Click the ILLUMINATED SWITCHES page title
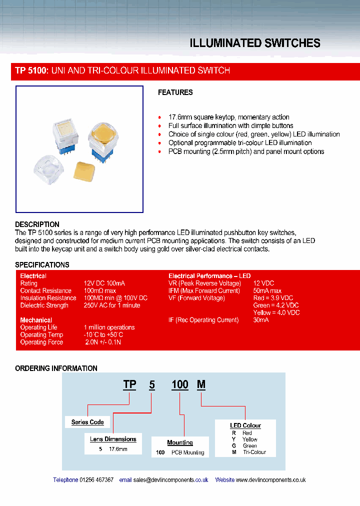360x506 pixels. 255,43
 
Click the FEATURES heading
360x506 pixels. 175,92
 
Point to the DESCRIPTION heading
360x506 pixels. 37,224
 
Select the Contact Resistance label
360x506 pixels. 45,290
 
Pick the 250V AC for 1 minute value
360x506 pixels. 111,305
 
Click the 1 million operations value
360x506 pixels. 109,327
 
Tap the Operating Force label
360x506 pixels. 41,342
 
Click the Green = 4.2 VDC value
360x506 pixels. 276,305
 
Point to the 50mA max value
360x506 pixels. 267,290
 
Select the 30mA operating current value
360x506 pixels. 261,320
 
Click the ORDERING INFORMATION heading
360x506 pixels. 56,368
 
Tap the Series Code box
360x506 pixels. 87,422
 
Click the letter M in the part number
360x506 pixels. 201,384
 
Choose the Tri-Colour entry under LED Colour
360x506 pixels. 254,452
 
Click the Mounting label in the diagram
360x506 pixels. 180,442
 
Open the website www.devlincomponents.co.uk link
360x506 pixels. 270,479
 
